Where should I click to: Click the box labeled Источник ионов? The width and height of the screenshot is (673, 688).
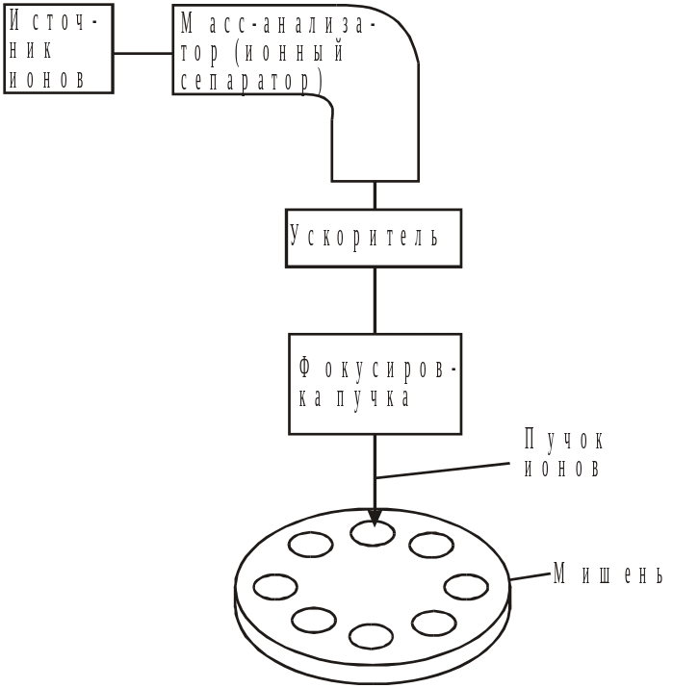tap(59, 48)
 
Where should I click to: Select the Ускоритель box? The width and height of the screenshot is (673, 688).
tap(375, 238)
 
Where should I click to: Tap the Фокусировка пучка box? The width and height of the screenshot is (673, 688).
tap(375, 383)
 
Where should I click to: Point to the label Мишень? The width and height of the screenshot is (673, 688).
tap(608, 574)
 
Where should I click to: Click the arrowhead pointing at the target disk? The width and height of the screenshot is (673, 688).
tap(375, 518)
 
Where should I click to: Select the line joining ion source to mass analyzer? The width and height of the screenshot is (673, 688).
tap(143, 54)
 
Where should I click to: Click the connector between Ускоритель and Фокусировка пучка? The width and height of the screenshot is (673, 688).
tap(375, 300)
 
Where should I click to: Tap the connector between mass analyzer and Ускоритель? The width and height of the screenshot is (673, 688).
tap(375, 194)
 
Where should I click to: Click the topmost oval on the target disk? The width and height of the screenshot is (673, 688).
tap(372, 533)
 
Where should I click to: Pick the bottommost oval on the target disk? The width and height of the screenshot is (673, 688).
tap(371, 636)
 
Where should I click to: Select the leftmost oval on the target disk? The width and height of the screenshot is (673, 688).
tap(274, 586)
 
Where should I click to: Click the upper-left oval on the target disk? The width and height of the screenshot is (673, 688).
tap(311, 545)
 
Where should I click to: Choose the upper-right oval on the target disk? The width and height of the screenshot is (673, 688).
tap(431, 545)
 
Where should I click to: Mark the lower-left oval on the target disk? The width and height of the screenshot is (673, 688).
tap(313, 620)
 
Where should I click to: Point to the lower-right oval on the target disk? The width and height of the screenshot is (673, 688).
tap(433, 623)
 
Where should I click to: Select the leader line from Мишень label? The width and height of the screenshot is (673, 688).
tap(529, 577)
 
